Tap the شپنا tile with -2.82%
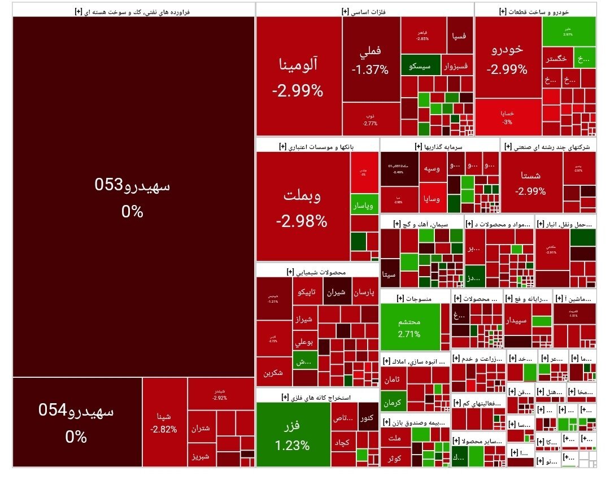(164, 422)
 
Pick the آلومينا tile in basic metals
(298, 76)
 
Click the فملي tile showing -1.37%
(371, 59)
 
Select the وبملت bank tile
(302, 207)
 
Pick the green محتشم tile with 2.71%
(409, 327)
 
